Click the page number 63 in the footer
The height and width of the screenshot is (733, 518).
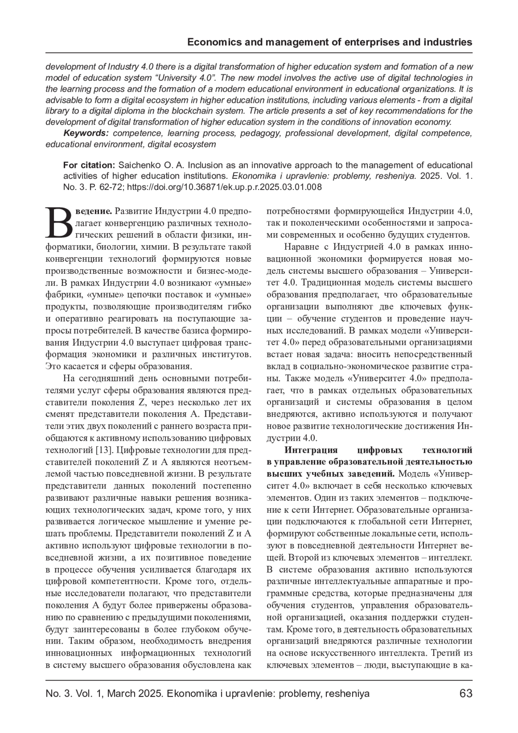(x=466, y=694)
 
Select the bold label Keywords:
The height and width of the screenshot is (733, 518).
(x=86, y=133)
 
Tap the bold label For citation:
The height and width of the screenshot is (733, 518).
(x=89, y=165)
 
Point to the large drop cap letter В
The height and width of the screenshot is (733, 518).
(x=60, y=222)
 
